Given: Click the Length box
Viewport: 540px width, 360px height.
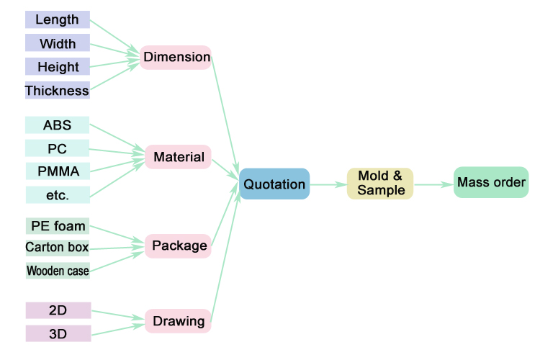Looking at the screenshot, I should [57, 20].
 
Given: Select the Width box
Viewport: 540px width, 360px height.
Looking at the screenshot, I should [57, 43].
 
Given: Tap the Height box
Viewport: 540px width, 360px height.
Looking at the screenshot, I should [57, 67].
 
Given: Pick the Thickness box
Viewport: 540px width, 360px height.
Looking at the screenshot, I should [57, 91].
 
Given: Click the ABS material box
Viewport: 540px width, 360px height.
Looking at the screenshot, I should [57, 125].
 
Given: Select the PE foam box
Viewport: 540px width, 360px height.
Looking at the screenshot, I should [57, 226].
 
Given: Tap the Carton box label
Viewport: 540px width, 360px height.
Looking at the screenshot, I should [57, 248].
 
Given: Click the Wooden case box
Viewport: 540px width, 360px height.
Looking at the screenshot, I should [57, 271].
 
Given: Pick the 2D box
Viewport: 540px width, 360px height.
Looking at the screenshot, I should [58, 310].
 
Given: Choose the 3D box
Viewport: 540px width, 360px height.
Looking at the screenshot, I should [58, 333].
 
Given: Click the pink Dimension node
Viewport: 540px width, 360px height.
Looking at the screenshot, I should [176, 57].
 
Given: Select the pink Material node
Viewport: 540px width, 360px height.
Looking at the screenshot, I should [179, 157].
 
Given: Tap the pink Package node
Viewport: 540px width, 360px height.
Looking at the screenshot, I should [179, 246].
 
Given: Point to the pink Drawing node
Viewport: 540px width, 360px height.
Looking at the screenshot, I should [179, 321].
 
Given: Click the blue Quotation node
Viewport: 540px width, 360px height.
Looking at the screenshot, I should [274, 184].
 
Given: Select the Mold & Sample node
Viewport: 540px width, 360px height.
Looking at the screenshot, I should [380, 184].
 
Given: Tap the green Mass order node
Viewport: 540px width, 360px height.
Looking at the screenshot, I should [491, 182].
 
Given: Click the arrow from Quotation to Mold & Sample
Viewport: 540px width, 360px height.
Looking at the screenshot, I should [328, 184].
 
